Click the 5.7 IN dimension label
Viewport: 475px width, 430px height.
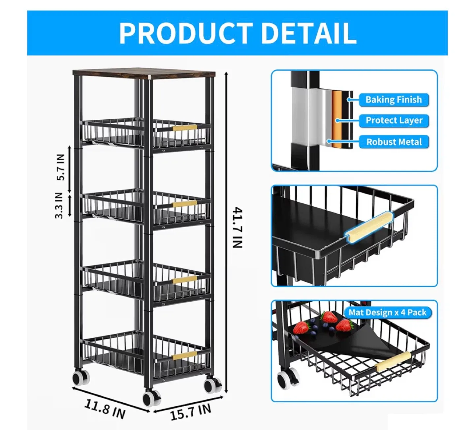(x=61, y=167)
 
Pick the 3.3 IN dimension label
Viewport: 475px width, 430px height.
(x=59, y=205)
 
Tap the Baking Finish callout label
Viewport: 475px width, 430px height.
(x=394, y=100)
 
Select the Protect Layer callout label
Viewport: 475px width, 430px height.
(x=394, y=121)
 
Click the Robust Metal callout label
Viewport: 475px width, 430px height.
(x=394, y=142)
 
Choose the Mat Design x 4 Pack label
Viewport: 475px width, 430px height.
(x=388, y=312)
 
